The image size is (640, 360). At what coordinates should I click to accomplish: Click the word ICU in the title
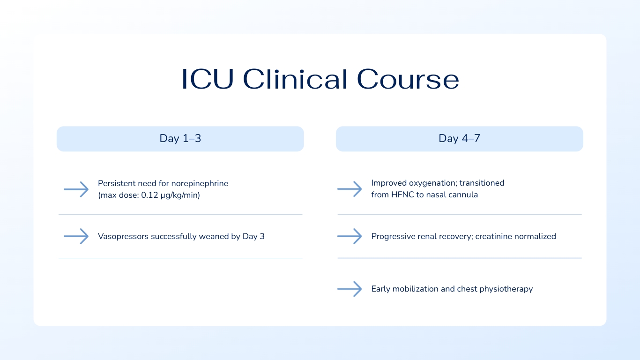coord(208,79)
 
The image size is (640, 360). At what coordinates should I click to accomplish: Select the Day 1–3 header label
coord(180,139)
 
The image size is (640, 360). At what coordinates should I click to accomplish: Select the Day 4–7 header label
coord(459,139)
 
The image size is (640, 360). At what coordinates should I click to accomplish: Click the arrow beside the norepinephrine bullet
coord(76,189)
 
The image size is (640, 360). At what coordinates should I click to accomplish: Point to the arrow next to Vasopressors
coord(76,236)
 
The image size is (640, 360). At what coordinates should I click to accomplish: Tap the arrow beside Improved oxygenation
coord(350,189)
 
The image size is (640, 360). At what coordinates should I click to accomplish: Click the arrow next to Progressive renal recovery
coord(350,236)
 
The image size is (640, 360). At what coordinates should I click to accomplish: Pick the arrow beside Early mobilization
coord(350,289)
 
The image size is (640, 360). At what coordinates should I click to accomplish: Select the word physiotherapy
coord(506,289)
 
